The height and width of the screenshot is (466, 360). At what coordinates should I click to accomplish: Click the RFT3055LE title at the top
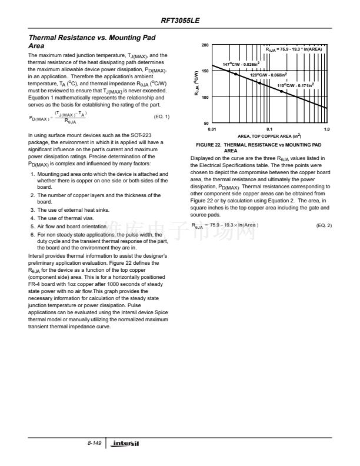tap(180, 20)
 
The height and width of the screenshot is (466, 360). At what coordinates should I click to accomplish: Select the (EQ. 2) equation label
tap(324, 225)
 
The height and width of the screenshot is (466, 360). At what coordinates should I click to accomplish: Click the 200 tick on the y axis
tap(205, 45)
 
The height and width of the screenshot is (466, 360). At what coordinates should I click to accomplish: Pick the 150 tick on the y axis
tap(205, 71)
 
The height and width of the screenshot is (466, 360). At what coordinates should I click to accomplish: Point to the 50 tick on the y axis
tap(205, 123)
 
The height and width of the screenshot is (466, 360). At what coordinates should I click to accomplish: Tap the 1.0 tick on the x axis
tap(326, 128)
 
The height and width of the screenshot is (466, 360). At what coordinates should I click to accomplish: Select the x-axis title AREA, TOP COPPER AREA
tap(269, 135)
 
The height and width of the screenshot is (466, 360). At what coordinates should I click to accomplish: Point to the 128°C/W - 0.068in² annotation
tap(268, 75)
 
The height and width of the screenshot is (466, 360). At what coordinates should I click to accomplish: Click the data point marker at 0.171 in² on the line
tap(282, 91)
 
